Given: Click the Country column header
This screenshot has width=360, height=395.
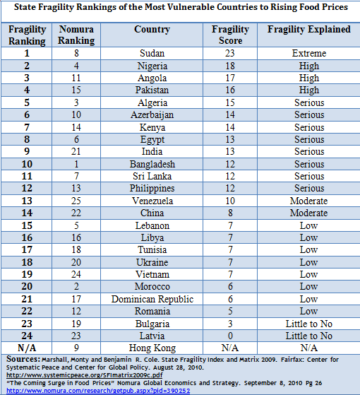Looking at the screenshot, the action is [x=152, y=30].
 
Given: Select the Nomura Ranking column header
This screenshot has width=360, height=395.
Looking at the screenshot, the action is [x=76, y=35].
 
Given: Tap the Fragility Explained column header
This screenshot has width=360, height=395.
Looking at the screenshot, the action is [x=309, y=30].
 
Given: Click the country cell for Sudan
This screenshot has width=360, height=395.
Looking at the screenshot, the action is [x=152, y=53].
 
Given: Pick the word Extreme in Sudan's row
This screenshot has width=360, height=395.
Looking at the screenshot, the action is [x=309, y=53].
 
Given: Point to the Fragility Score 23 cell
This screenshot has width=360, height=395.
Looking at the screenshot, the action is [x=230, y=53].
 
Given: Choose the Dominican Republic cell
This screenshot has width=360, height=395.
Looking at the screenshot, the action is [x=152, y=299].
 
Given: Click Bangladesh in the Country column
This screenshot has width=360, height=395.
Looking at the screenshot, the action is [x=152, y=164].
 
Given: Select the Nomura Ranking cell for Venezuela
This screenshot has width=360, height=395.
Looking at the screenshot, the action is [x=76, y=201].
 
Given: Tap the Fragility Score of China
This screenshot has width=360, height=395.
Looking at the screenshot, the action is [x=230, y=213].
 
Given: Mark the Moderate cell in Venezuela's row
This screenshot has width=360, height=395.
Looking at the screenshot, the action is [x=308, y=201].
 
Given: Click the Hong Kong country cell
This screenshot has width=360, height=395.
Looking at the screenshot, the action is [x=152, y=348].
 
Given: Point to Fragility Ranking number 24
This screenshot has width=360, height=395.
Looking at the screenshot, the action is [x=27, y=336].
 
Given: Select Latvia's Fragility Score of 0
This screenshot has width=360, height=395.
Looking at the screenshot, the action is [x=230, y=336].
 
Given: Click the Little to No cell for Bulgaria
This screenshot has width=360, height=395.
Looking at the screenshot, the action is [x=309, y=324].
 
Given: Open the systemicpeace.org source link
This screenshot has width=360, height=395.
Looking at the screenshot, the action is [x=84, y=375].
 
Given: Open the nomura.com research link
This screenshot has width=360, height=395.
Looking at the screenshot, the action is [x=98, y=391].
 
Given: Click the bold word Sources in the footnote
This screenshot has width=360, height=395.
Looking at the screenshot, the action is [x=23, y=359].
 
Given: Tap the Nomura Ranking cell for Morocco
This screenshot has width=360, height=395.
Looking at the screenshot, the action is [x=76, y=286].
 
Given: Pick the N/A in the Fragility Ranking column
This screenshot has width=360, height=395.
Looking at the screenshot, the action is [x=27, y=348].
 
